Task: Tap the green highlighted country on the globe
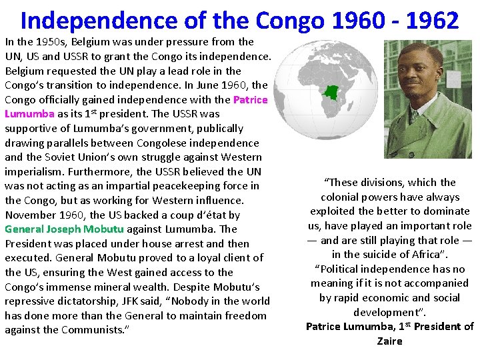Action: (331, 92)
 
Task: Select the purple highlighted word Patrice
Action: (250, 100)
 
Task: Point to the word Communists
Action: (93, 330)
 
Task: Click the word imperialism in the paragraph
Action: (33, 171)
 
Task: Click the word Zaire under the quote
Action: (389, 341)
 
